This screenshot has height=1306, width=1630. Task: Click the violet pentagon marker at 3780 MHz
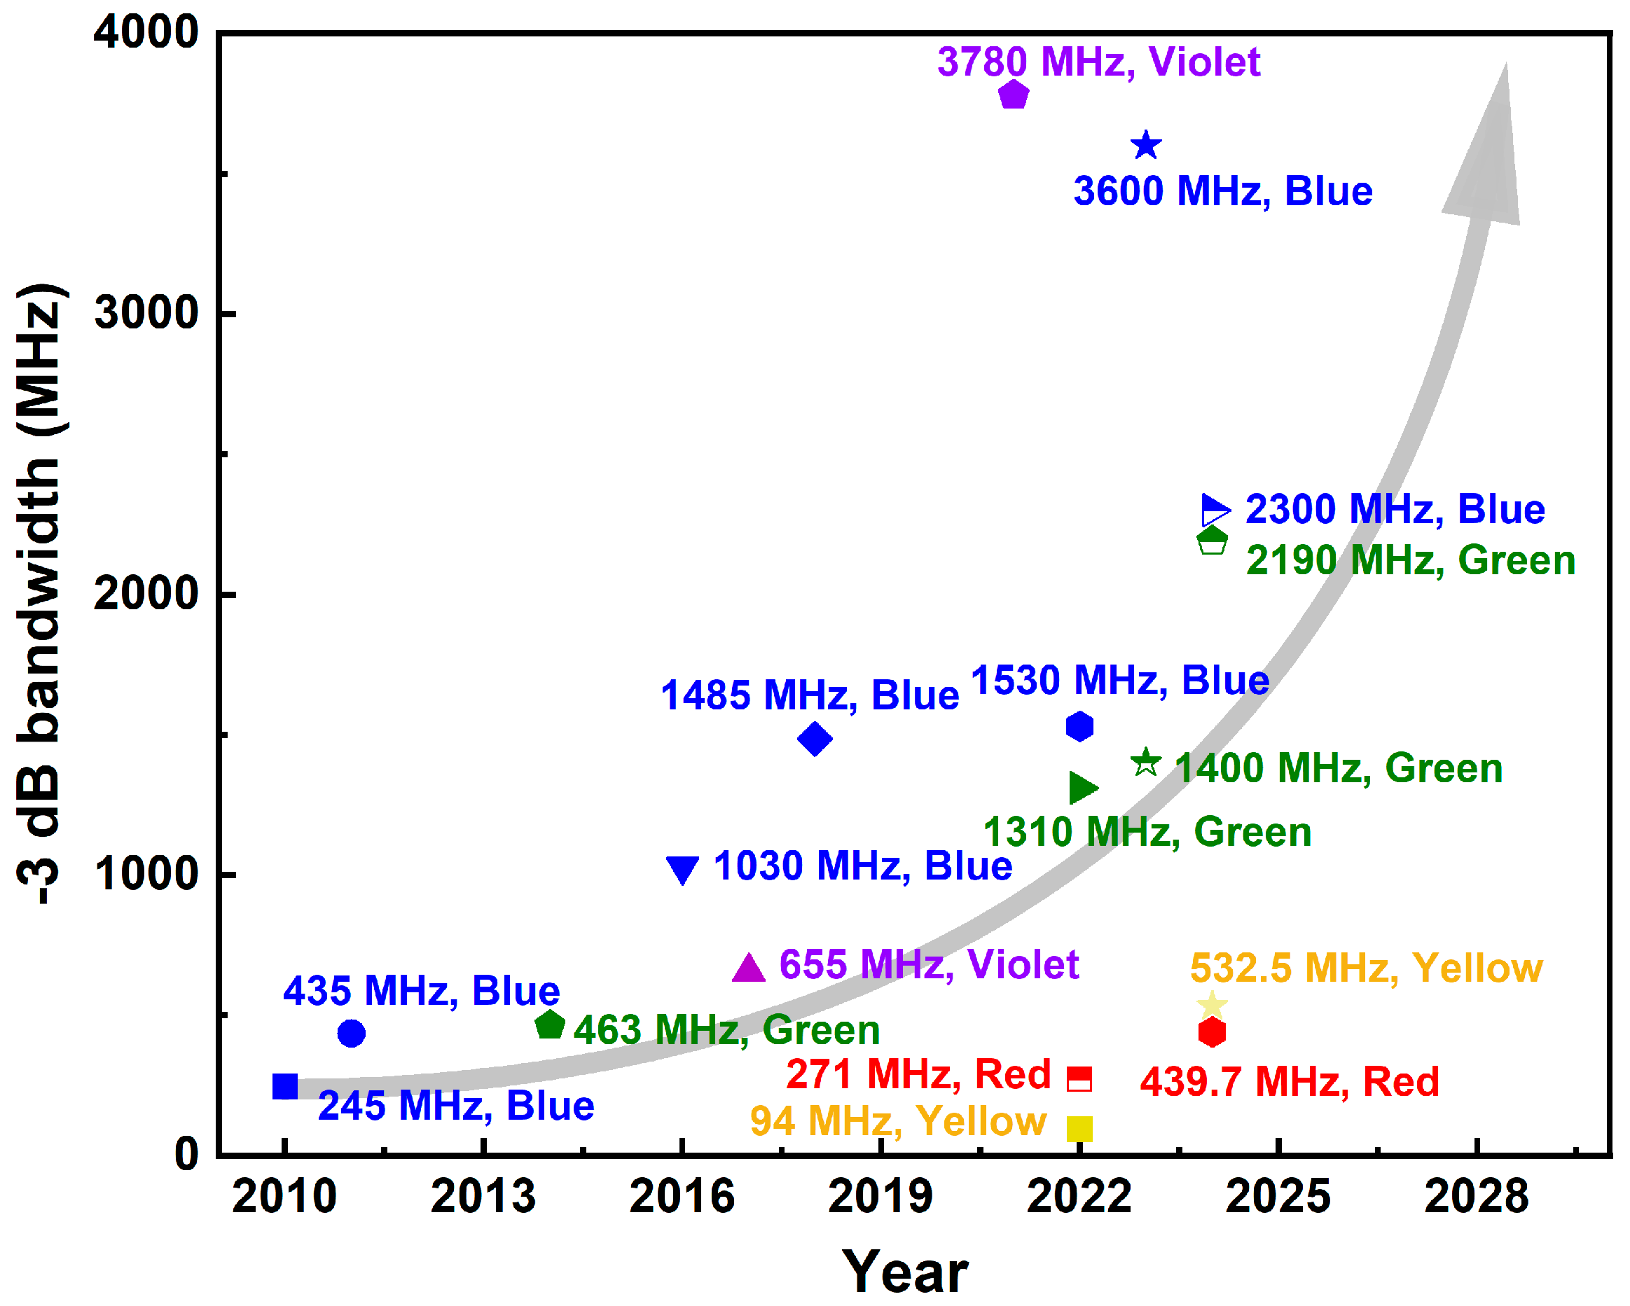(x=1013, y=95)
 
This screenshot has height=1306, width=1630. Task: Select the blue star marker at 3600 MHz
(x=1145, y=145)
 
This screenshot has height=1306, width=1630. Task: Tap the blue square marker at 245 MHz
(x=285, y=1086)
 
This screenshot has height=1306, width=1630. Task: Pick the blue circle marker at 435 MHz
(x=351, y=1033)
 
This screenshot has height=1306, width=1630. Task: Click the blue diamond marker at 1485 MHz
(x=815, y=738)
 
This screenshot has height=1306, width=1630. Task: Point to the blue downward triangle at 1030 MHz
(x=682, y=868)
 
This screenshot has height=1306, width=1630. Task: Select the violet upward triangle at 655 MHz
(x=749, y=969)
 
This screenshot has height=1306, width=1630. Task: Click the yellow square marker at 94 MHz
(x=1079, y=1128)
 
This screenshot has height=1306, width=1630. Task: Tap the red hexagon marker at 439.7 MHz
(x=1211, y=1032)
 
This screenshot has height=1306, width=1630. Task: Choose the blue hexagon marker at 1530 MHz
(x=1079, y=726)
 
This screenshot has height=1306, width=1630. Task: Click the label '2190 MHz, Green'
(x=1410, y=561)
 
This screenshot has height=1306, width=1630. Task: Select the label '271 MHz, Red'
(x=918, y=1074)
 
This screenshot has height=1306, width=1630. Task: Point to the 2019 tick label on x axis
(x=880, y=1197)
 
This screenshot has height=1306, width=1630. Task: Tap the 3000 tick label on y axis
(x=146, y=312)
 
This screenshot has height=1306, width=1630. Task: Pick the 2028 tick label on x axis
(x=1476, y=1197)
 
